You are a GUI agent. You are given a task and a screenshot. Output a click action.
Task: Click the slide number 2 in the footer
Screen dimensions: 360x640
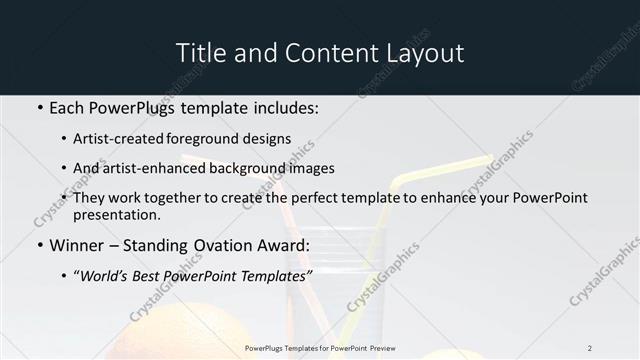[x=590, y=348]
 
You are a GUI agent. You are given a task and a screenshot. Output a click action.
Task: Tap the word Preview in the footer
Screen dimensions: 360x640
[x=379, y=348]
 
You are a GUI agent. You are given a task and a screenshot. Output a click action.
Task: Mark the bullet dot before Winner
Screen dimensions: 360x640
[x=38, y=245]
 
